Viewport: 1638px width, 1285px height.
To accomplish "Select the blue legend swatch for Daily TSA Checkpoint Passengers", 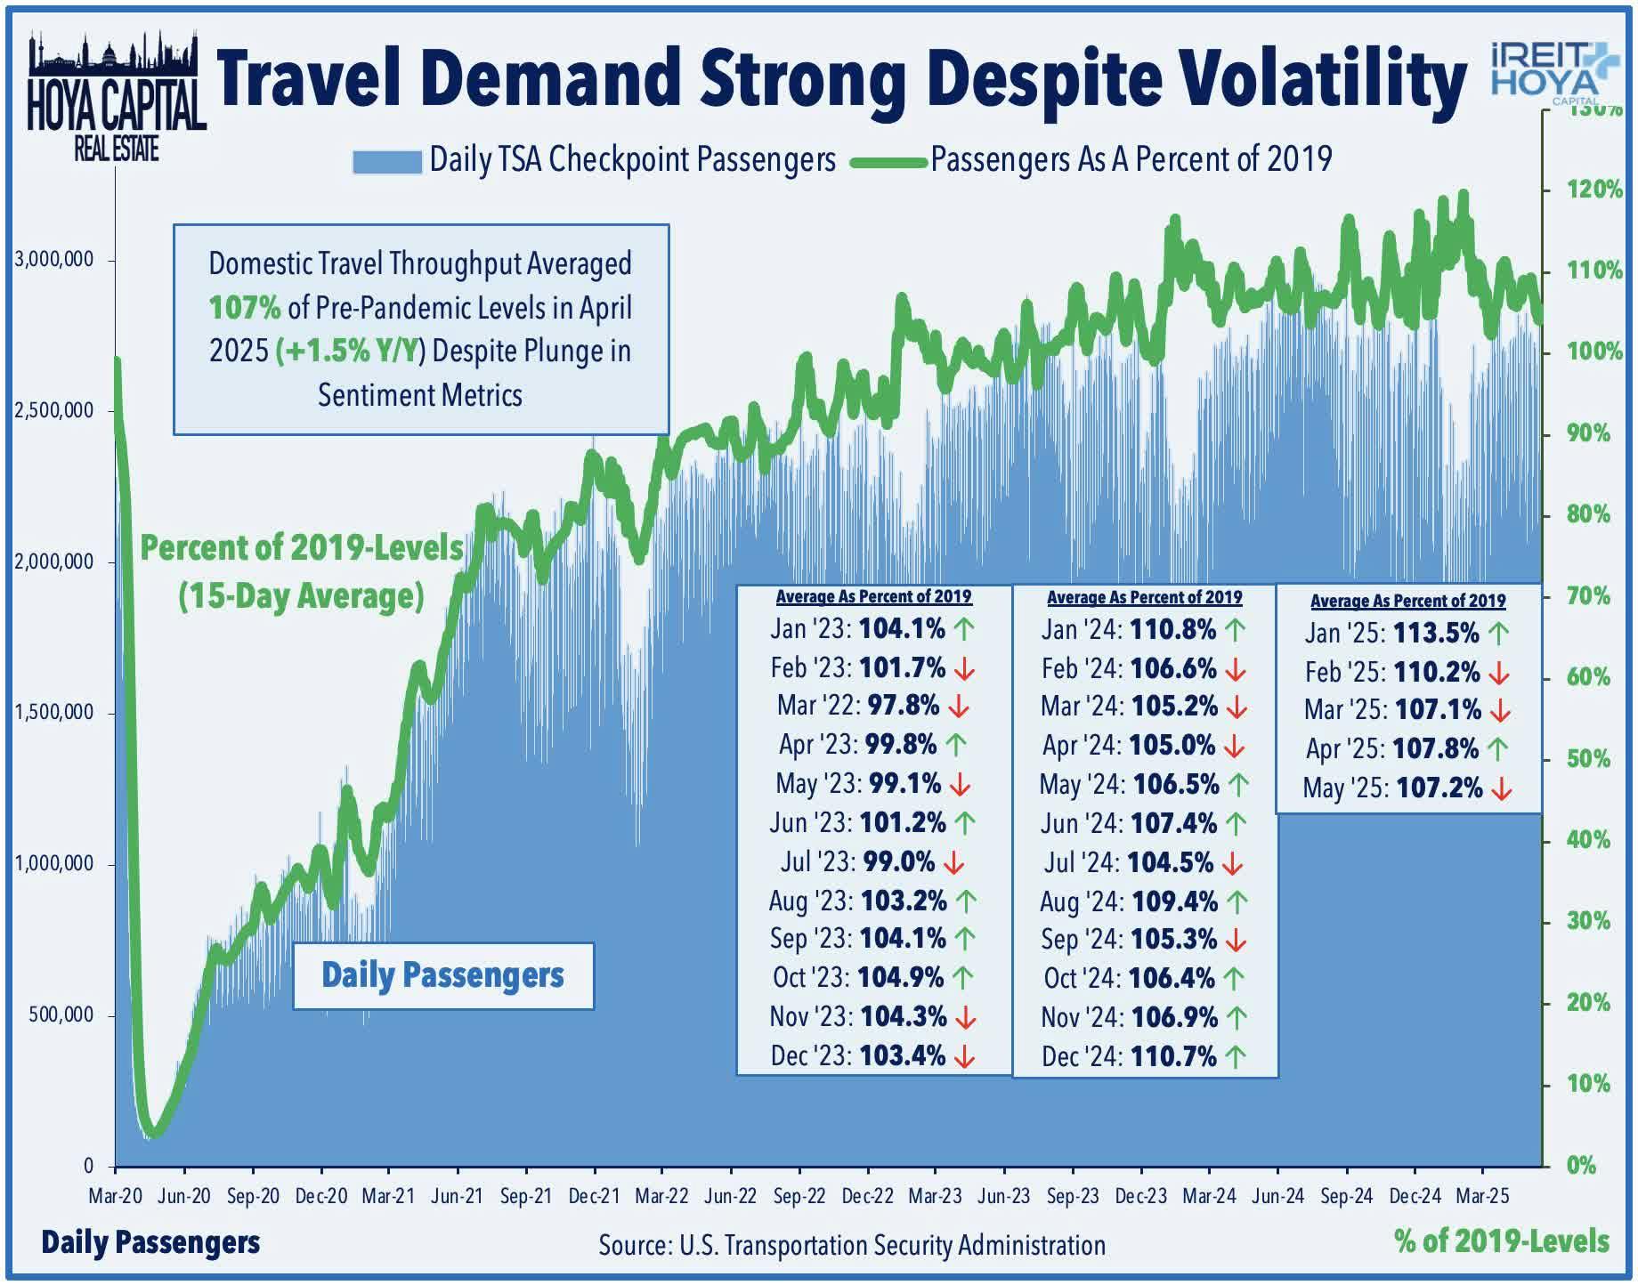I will click(x=386, y=162).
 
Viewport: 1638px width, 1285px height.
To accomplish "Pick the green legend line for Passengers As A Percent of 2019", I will click(x=888, y=162).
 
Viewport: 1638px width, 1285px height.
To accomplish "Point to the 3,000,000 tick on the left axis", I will click(x=54, y=261).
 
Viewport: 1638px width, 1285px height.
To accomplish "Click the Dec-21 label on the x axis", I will click(x=594, y=1196).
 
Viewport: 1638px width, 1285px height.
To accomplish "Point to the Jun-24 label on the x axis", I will click(x=1277, y=1196).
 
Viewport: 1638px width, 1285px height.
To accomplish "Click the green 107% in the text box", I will click(x=245, y=308).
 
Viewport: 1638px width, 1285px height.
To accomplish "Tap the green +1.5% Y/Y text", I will click(x=348, y=352).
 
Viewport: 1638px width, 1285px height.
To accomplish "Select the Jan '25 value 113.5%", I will click(x=1436, y=634).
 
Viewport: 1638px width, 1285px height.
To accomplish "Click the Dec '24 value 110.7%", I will click(x=1172, y=1056).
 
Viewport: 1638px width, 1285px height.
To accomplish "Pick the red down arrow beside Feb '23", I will click(x=963, y=668).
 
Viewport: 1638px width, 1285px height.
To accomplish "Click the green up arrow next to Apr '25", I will click(x=1497, y=749).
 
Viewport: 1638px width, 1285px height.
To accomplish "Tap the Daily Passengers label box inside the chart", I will click(x=442, y=976).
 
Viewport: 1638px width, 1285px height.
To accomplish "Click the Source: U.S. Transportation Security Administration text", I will click(x=852, y=1245).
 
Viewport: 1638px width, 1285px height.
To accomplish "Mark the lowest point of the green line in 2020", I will click(x=154, y=1134).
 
